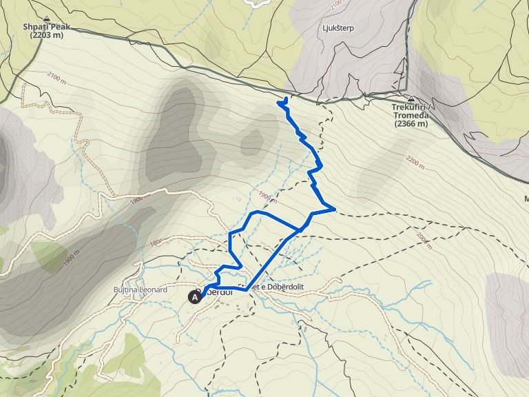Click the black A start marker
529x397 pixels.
click(195, 297)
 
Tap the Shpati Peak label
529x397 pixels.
click(46, 28)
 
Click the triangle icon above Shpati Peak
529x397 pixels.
click(46, 19)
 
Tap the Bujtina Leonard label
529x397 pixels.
click(141, 290)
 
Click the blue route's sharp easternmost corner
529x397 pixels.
click(335, 207)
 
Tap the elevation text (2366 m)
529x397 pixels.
click(411, 125)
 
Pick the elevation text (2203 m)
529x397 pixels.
click(46, 37)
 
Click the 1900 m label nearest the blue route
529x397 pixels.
click(267, 198)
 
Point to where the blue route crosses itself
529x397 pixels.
click(300, 229)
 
